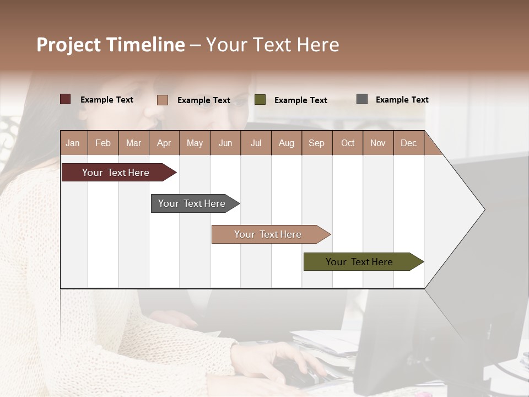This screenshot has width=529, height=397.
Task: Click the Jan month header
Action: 73,143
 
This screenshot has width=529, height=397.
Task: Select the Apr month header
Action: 164,143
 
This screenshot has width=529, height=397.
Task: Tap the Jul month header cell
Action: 256,143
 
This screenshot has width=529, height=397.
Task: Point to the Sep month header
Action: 317,143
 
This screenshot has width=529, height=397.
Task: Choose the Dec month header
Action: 408,143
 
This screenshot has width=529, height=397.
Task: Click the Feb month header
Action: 103,143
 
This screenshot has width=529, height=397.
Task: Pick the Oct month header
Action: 348,143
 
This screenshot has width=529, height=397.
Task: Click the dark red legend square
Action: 65,99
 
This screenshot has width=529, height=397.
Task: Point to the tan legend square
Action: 162,100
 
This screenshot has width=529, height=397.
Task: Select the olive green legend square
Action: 260,100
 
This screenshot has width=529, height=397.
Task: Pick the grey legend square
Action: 362,99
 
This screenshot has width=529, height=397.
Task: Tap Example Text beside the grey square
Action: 402,100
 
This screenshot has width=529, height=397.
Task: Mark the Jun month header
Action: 225,143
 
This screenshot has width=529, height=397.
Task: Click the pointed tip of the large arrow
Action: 482,209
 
